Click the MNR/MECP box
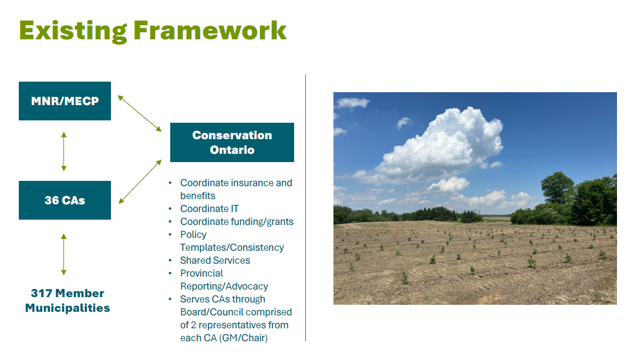point(65,101)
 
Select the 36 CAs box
point(65,200)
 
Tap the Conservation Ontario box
point(232,142)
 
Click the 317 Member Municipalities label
point(68,301)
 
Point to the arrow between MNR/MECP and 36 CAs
point(63,152)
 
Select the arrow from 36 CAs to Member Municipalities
point(63,254)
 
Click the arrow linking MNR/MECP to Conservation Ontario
point(140,113)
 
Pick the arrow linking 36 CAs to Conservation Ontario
point(140,181)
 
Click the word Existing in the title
point(73,31)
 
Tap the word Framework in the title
point(210,31)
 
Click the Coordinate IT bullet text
point(209,208)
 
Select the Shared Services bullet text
point(215,261)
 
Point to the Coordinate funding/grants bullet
point(237,222)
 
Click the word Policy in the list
point(193,235)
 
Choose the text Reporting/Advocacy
point(224,287)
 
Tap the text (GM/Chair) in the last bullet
point(243,338)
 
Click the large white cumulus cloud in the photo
point(444,144)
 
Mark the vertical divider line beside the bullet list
point(306,208)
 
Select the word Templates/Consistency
point(232,248)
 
